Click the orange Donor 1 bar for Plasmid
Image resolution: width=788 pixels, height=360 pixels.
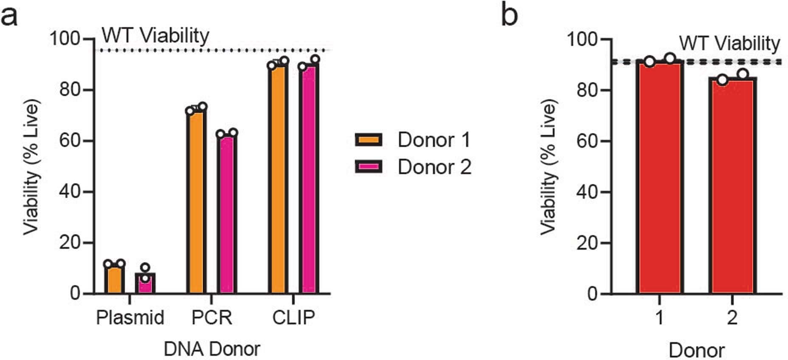click(115, 279)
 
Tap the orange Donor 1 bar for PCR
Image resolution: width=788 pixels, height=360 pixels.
click(196, 202)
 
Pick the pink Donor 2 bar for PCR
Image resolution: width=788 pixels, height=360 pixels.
click(227, 214)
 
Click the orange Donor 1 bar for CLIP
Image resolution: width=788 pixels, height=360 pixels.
click(278, 178)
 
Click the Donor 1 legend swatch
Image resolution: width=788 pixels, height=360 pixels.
click(369, 140)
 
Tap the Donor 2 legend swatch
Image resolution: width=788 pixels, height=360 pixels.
click(369, 167)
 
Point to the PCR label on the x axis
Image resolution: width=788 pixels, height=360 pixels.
click(211, 318)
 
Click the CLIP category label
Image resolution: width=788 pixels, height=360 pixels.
click(293, 318)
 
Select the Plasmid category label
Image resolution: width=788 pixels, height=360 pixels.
click(130, 318)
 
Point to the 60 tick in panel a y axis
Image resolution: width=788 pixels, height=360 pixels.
click(70, 141)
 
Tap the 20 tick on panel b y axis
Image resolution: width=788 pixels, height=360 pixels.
click(588, 243)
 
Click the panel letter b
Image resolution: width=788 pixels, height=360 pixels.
click(509, 16)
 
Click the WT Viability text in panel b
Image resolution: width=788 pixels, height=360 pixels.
click(729, 43)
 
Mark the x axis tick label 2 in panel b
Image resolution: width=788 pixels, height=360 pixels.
click(732, 318)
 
